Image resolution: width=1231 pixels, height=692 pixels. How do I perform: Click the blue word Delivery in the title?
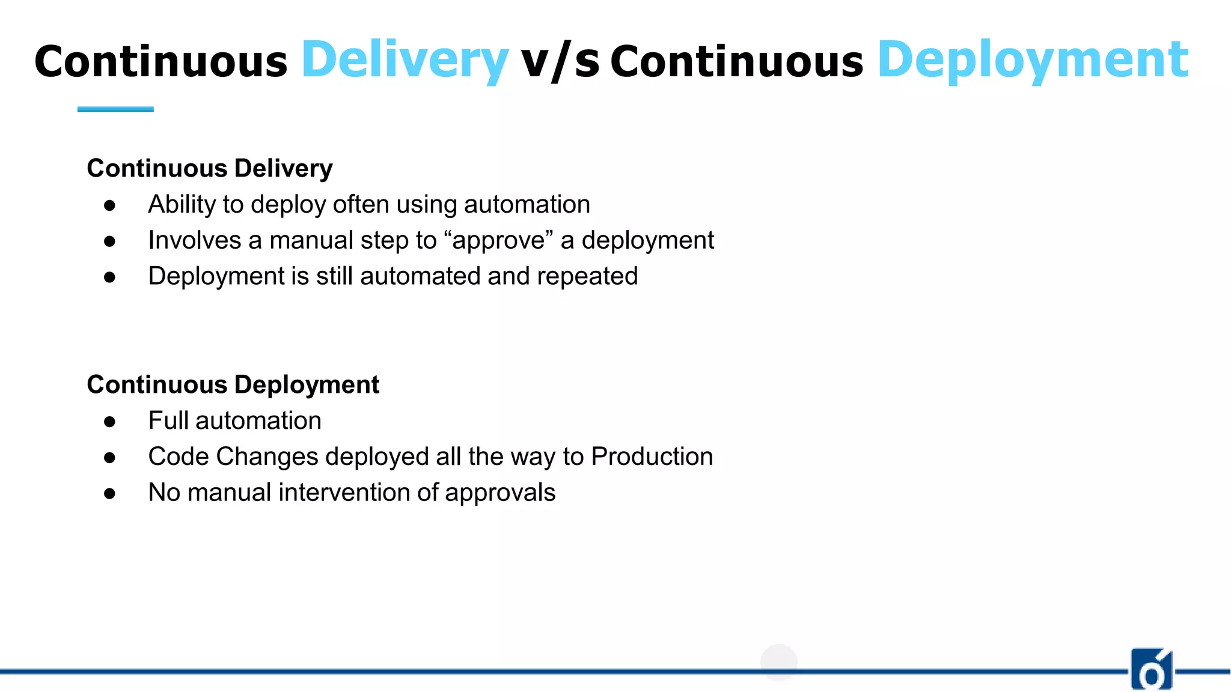pos(405,60)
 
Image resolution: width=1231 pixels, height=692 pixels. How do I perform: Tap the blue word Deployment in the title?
pos(1033,60)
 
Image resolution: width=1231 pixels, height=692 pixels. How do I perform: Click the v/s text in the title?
pos(560,61)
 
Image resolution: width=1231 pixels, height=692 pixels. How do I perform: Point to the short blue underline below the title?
pos(115,109)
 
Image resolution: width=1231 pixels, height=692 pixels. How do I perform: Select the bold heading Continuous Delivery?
pos(209,168)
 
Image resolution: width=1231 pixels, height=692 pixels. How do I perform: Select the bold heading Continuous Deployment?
pos(233,384)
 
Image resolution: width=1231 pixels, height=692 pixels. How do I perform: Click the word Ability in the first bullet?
pos(182,205)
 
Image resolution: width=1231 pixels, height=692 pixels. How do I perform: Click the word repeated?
pos(587,276)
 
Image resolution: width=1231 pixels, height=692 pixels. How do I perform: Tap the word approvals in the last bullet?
pos(499,493)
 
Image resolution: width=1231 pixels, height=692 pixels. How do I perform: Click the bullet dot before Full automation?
pos(109,422)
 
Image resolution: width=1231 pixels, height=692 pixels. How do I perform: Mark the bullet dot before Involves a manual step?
pos(109,241)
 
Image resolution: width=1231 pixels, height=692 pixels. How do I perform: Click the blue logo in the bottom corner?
pos(1152,669)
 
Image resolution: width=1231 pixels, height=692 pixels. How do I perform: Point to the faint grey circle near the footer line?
pos(778,663)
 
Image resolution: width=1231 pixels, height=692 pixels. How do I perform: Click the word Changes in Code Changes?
pos(267,457)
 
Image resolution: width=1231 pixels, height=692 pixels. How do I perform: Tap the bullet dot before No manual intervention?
pos(109,494)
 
